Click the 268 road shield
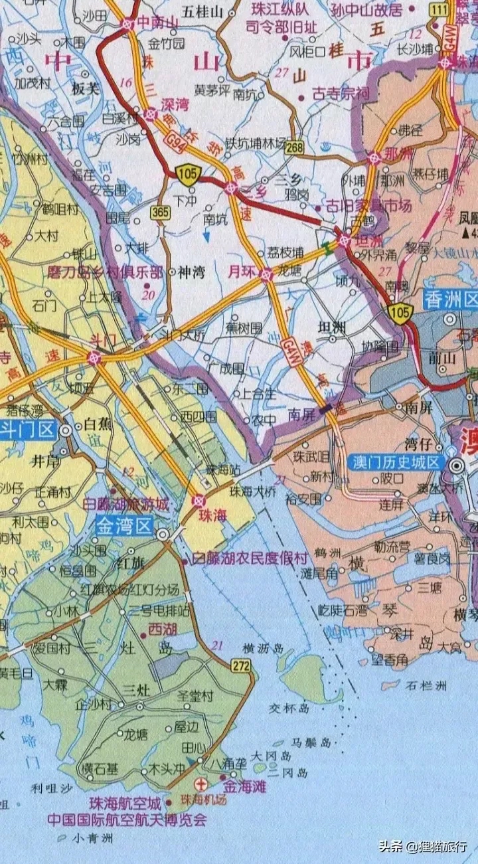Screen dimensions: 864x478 294,147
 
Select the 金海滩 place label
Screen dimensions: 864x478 245,786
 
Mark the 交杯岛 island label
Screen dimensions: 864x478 289,709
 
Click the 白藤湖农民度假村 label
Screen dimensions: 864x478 250,560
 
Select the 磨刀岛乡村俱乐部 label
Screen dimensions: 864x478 106,272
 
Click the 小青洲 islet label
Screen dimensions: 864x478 94,838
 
